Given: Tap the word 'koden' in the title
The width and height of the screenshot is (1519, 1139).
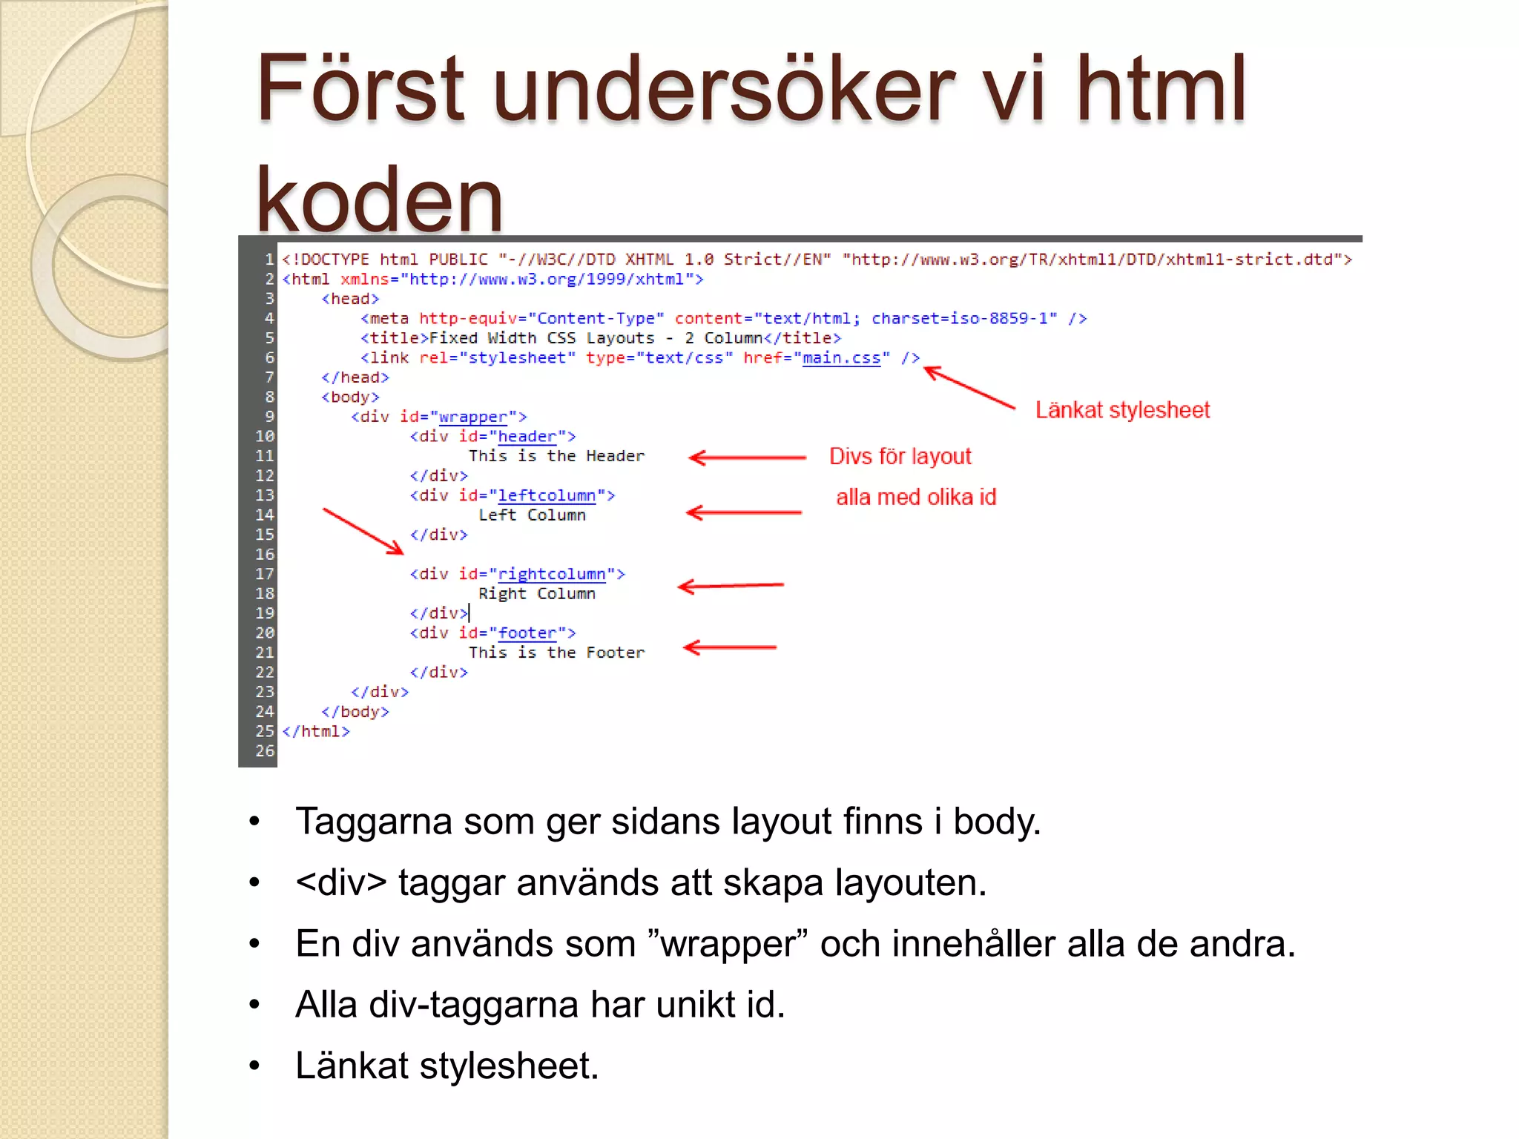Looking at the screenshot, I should point(379,200).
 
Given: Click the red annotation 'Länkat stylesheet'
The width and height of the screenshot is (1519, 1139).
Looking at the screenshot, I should point(1122,410).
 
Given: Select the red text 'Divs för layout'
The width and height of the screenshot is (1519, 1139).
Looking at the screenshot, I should point(900,456).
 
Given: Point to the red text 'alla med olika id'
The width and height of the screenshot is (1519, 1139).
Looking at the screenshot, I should point(916,497).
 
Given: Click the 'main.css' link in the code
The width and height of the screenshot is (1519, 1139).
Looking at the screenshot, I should point(841,358).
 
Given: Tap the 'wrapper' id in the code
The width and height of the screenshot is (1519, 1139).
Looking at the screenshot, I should point(472,417).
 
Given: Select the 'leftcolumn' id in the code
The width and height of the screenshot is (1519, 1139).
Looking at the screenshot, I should point(546,495).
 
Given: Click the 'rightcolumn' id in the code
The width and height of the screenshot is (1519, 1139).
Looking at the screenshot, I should point(551,574).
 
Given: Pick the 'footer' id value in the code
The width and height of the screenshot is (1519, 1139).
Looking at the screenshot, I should point(527,633).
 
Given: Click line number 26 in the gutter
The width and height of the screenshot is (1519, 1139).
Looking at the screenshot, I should point(265,751).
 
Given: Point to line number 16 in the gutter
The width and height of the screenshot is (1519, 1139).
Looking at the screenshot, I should point(265,555).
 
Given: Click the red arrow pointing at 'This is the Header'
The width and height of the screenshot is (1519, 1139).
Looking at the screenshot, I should point(747,458).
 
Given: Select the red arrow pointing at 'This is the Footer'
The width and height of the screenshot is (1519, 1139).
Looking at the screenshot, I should point(730,647).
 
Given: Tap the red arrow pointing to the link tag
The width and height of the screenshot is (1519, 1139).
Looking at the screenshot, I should point(969,387).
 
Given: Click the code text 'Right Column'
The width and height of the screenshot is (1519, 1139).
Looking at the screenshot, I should point(536,594).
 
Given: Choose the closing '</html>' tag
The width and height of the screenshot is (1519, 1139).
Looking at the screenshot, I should point(316,731).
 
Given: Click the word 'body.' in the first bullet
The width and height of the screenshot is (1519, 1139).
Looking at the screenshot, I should point(997,822).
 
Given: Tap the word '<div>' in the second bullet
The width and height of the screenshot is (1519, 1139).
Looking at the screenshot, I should point(340,882).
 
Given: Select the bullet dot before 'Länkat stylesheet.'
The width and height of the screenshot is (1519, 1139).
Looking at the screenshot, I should point(254,1066).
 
